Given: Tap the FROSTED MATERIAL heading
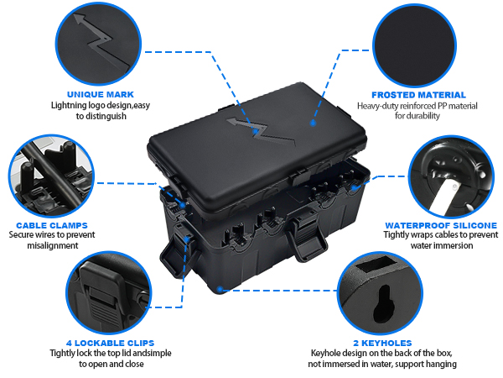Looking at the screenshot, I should click(x=418, y=95).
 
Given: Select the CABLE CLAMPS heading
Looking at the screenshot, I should click(x=52, y=225).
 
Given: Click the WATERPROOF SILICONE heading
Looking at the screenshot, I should click(x=440, y=225).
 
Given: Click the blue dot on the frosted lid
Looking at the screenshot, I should click(x=312, y=123).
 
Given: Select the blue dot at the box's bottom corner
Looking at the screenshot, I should click(x=220, y=289).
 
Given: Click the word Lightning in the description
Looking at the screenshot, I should click(x=70, y=106).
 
